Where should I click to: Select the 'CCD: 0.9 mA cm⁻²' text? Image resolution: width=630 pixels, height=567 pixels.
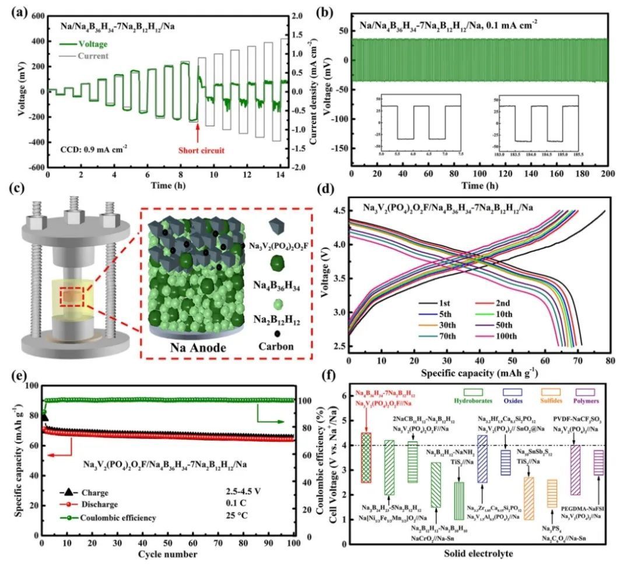[x=93, y=148]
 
